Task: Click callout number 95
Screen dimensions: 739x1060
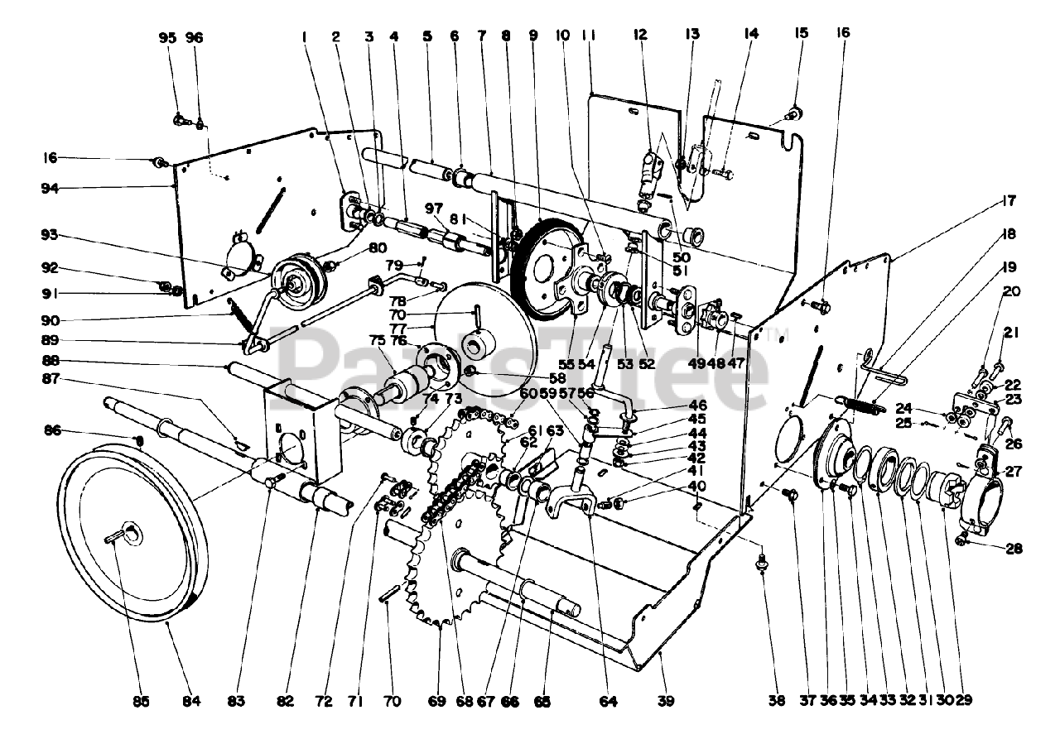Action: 168,38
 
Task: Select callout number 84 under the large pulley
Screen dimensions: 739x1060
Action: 191,701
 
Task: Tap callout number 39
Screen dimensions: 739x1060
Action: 666,701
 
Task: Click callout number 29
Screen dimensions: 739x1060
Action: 963,701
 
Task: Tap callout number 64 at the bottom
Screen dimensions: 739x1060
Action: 609,701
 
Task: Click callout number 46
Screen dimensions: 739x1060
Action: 698,405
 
